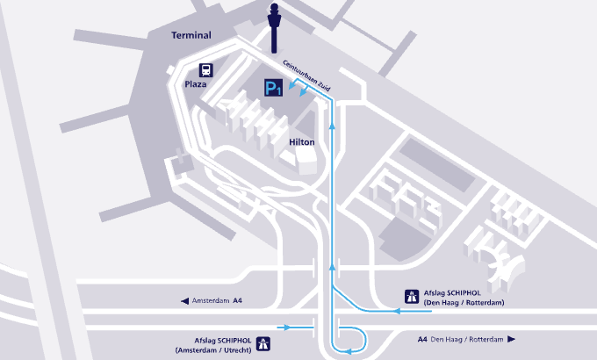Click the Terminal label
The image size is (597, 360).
pos(191,35)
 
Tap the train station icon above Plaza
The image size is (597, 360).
pos(206,70)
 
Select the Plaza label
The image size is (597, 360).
pos(195,84)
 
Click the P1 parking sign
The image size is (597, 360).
pos(274,88)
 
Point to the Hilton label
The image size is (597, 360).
pos(302,142)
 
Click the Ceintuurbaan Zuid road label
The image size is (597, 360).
pos(306,76)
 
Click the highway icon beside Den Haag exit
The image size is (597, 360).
pos(412,297)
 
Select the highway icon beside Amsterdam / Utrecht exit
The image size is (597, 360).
pos(263,343)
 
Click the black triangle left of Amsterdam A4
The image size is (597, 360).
pos(184,301)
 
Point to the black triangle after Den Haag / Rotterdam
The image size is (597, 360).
pos(511,339)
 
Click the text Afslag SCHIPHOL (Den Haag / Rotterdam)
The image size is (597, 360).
pos(464,298)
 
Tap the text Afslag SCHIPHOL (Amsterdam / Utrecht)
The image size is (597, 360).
pos(213,345)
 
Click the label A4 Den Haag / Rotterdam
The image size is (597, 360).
pos(460,339)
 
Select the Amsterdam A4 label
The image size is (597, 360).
pos(217,300)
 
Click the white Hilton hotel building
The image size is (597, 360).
pos(306,161)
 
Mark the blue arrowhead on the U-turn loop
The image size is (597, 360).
pos(348,351)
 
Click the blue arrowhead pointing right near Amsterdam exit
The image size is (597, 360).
pos(287,328)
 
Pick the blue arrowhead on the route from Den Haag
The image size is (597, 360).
pos(396,311)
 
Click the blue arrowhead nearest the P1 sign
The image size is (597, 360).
pos(292,86)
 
